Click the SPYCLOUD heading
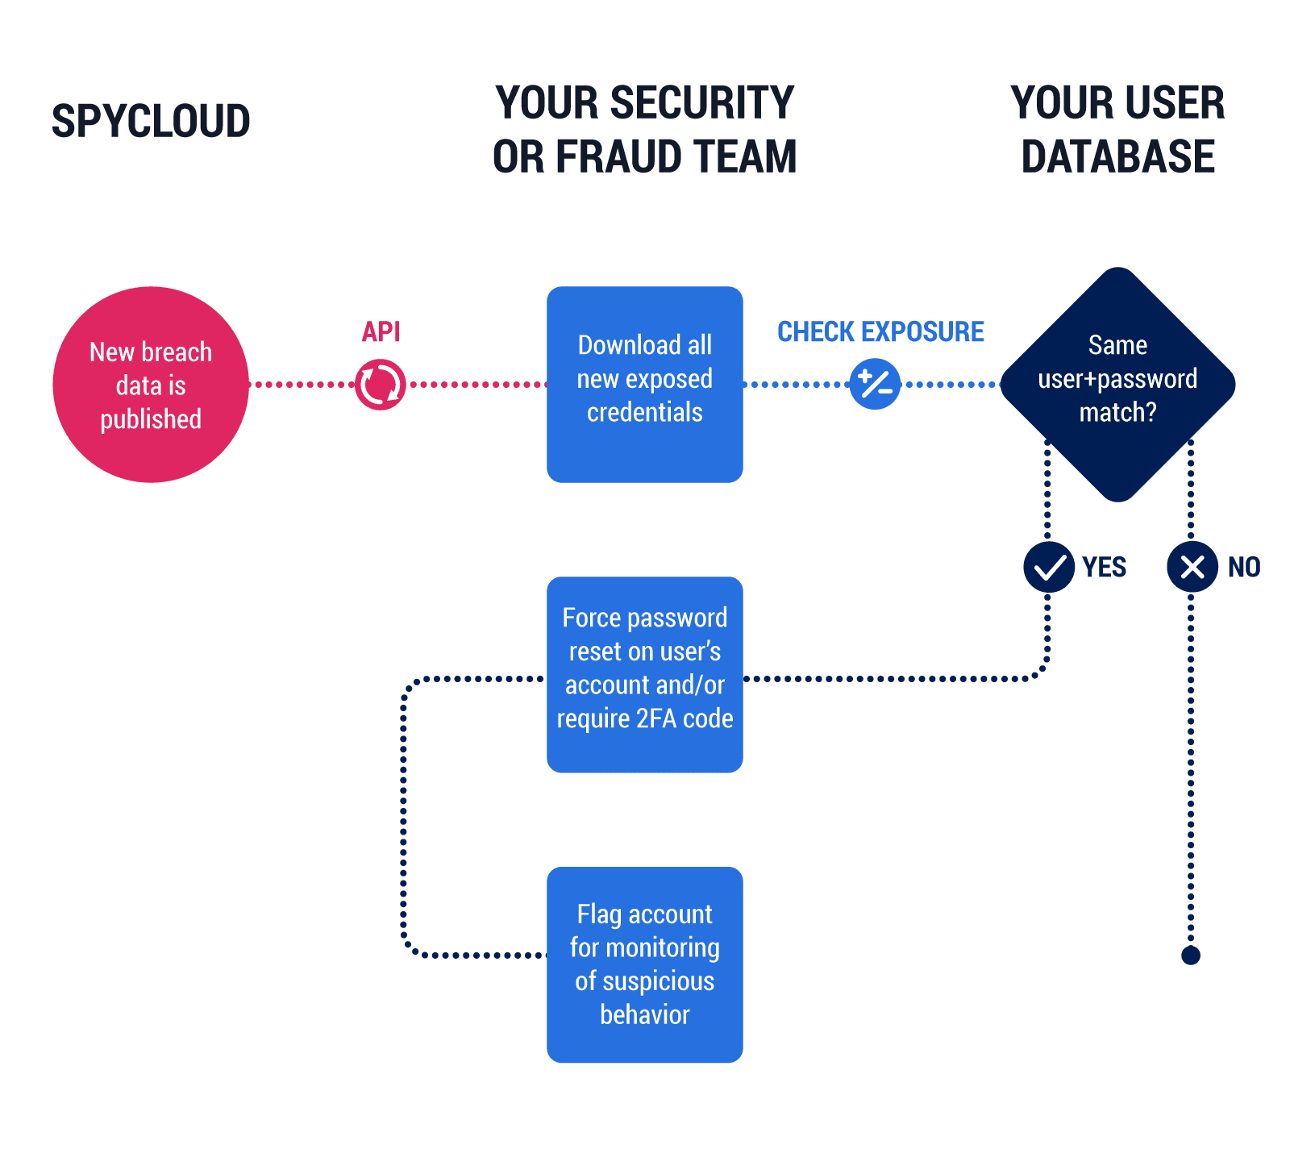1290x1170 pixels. [151, 121]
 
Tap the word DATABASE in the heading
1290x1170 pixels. [1117, 156]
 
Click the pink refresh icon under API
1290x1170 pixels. [381, 385]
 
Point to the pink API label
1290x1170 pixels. [381, 331]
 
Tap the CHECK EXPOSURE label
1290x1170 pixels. [880, 331]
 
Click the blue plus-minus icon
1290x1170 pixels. [875, 385]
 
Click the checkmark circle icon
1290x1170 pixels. [1049, 567]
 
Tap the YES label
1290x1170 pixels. [1104, 567]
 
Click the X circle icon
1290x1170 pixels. [1192, 567]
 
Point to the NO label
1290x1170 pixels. [1243, 567]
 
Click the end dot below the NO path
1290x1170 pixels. [1191, 956]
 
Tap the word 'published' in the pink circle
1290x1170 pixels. [151, 419]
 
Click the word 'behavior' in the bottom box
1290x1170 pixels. [644, 1014]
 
